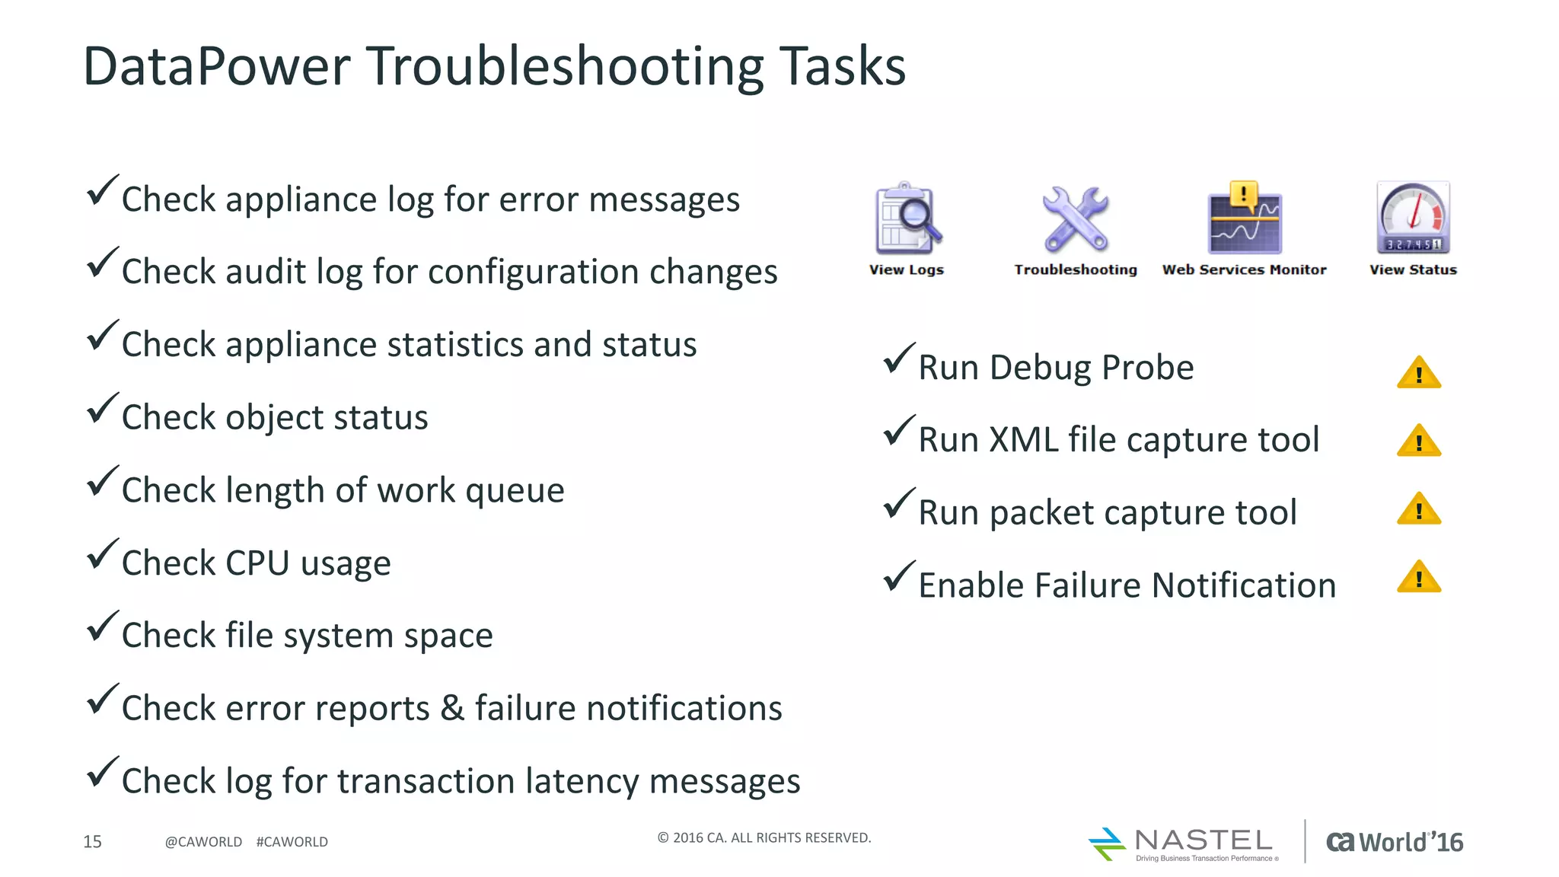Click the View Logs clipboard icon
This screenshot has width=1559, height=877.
click(x=907, y=218)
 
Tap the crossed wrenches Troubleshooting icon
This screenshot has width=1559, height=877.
click(x=1075, y=219)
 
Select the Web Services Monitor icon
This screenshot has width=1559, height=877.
click(x=1245, y=218)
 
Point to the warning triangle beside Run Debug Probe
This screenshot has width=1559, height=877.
click(x=1419, y=373)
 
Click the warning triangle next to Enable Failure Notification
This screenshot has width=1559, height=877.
click(x=1419, y=578)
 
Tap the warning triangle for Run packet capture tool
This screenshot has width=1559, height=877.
click(x=1419, y=510)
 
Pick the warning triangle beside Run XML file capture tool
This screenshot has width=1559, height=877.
click(x=1419, y=442)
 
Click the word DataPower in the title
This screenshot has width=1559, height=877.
click(x=216, y=66)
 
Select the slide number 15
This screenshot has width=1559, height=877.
click(x=92, y=841)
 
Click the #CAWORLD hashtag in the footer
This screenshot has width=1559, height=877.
click(x=292, y=842)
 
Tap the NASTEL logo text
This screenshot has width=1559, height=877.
click(x=1203, y=840)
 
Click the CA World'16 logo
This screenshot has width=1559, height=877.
click(x=1395, y=842)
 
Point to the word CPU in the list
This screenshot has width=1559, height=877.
click(x=257, y=563)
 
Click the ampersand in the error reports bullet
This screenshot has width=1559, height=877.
click(x=452, y=708)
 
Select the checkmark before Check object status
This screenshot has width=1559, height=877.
click(x=102, y=408)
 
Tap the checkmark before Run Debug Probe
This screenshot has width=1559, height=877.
click(x=898, y=359)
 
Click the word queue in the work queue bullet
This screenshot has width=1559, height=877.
click(x=515, y=491)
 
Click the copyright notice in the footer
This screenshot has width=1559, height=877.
click(x=764, y=837)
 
